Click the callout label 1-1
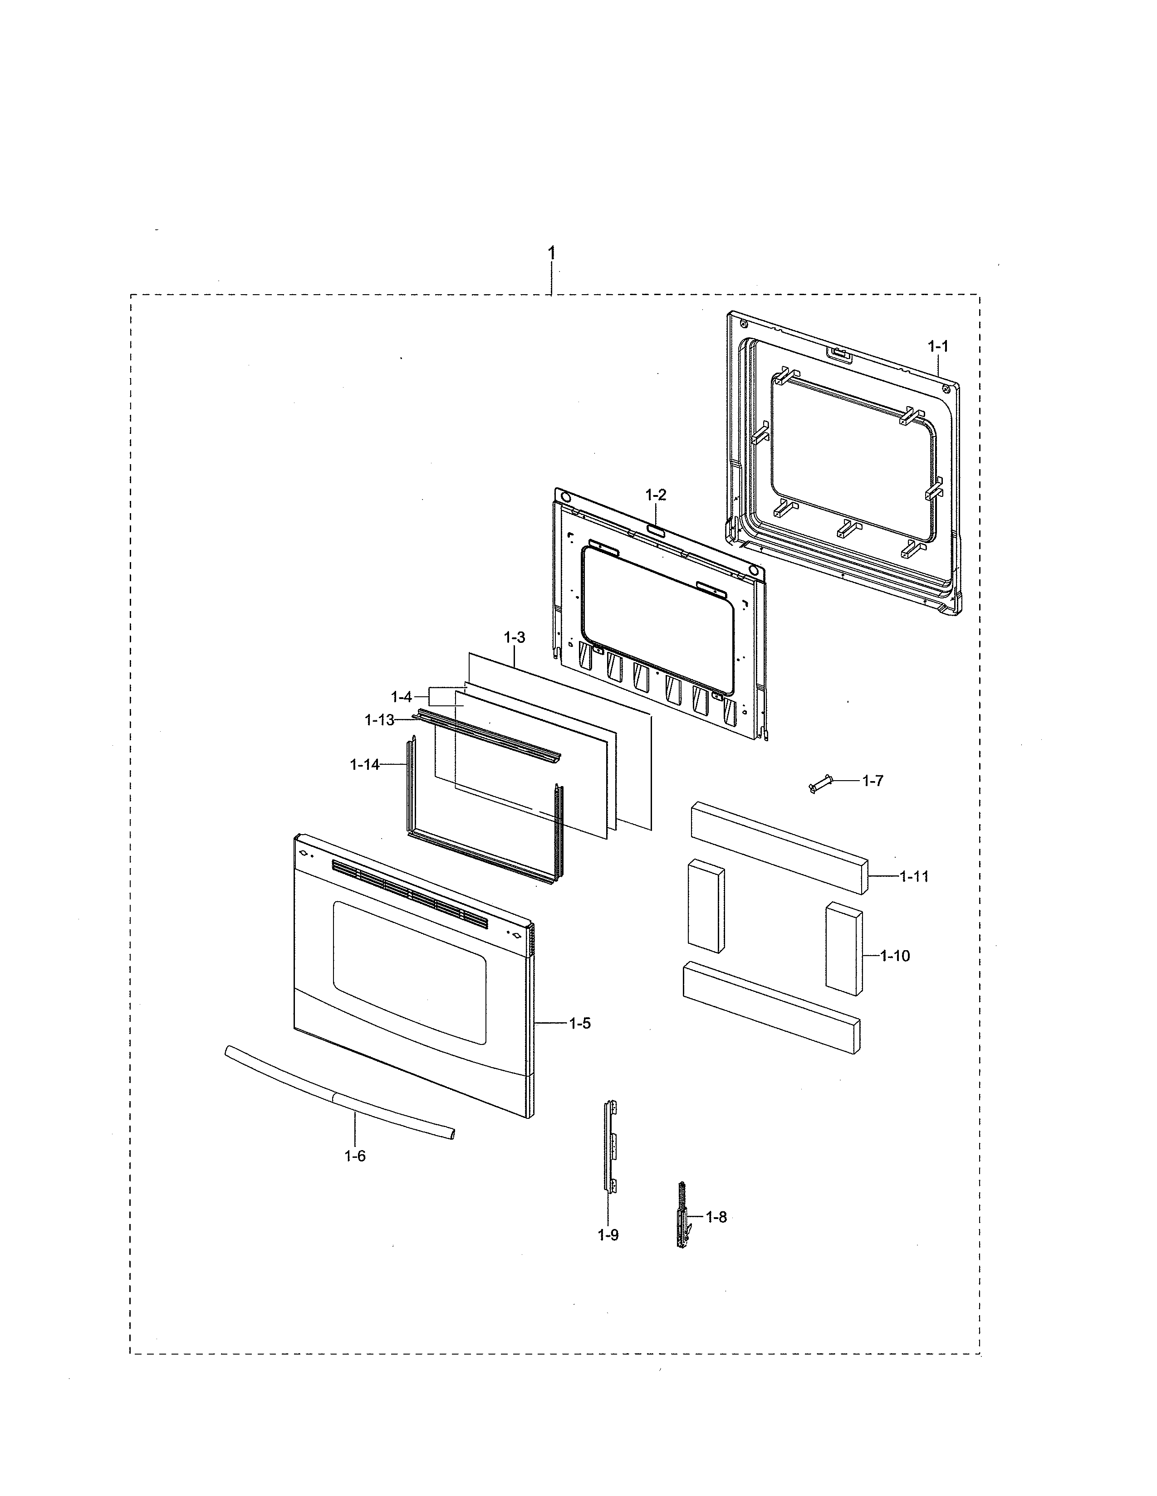point(938,347)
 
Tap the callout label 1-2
point(655,495)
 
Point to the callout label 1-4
point(401,697)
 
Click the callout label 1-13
point(379,720)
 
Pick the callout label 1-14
point(365,764)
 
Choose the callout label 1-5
point(579,1023)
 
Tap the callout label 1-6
point(355,1156)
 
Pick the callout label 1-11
point(914,876)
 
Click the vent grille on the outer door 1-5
point(409,894)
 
